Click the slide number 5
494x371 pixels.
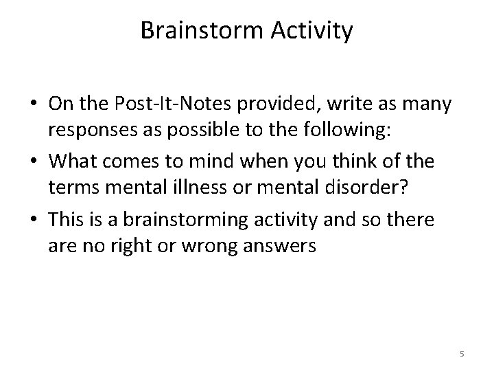coord(462,354)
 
